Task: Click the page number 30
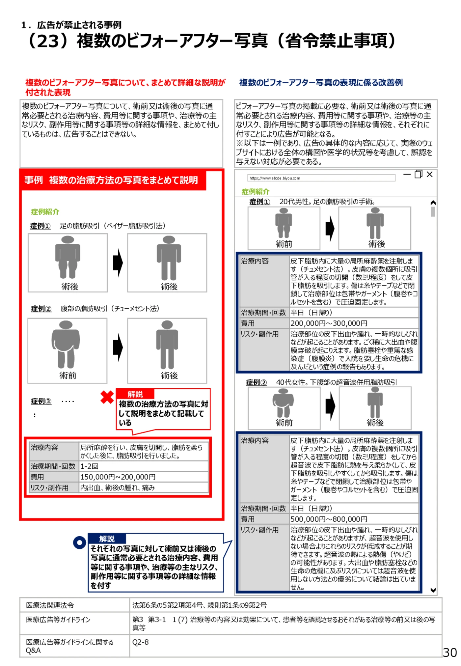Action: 449,652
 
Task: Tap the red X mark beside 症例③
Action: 107,397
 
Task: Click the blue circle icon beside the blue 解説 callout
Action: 79,542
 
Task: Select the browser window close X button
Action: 429,174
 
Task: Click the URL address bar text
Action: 275,178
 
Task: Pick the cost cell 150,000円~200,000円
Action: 118,477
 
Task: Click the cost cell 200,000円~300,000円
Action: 329,323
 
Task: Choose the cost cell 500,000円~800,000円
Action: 329,519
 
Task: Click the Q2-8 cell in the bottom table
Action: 140,642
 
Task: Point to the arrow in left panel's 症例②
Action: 118,347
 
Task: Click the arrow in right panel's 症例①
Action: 330,228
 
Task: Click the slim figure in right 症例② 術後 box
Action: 375,402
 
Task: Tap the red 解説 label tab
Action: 135,394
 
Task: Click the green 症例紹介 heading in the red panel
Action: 45,211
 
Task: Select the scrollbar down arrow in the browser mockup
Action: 433,590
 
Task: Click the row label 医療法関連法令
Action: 50,605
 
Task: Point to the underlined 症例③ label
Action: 41,401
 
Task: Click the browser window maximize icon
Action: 418,174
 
